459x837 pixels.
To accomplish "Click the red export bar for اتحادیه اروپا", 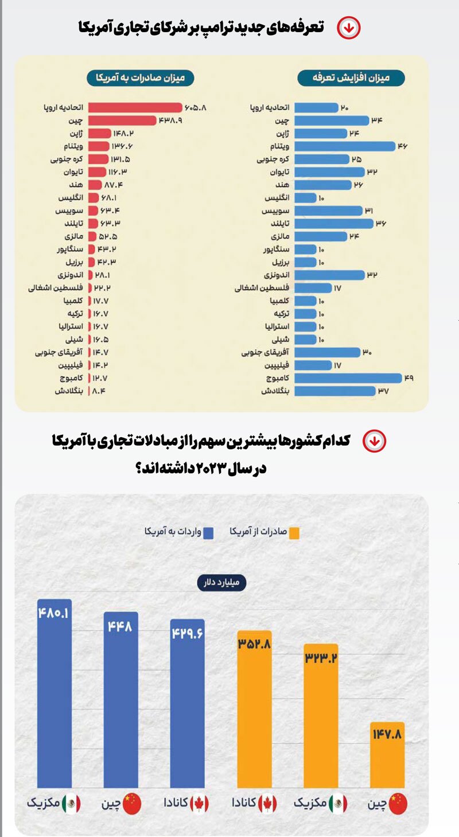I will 135,107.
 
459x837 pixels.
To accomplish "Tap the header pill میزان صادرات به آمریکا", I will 141,77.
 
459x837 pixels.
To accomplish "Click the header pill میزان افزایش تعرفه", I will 351,77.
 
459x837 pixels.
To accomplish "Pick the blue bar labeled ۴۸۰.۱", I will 54,700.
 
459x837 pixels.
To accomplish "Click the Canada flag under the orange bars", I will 268,804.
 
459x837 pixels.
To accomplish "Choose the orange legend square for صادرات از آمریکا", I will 294,532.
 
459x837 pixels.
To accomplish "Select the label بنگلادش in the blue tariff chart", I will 276,391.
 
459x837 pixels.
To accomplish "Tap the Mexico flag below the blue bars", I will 71,804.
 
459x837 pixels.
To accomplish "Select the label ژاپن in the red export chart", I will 74,133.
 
